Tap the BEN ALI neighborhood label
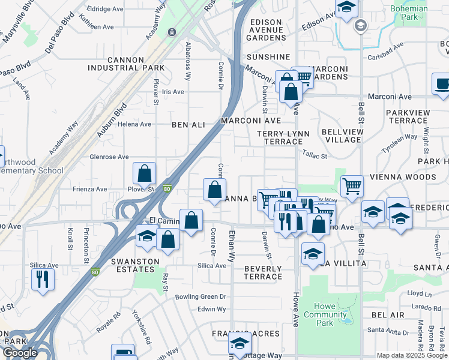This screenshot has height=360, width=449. click(x=188, y=125)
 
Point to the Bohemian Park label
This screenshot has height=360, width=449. click(x=409, y=13)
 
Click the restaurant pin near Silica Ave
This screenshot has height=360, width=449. click(x=43, y=279)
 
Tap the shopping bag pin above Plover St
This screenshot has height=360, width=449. click(x=145, y=173)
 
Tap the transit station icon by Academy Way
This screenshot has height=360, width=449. click(x=172, y=32)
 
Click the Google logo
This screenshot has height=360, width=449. click(x=20, y=353)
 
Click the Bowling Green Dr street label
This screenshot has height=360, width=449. click(x=200, y=296)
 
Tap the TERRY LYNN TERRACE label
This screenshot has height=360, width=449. click(x=279, y=137)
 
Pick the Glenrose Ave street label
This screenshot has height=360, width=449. click(x=109, y=157)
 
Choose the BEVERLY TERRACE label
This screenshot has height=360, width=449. click(x=263, y=272)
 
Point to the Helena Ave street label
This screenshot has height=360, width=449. click(x=134, y=124)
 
